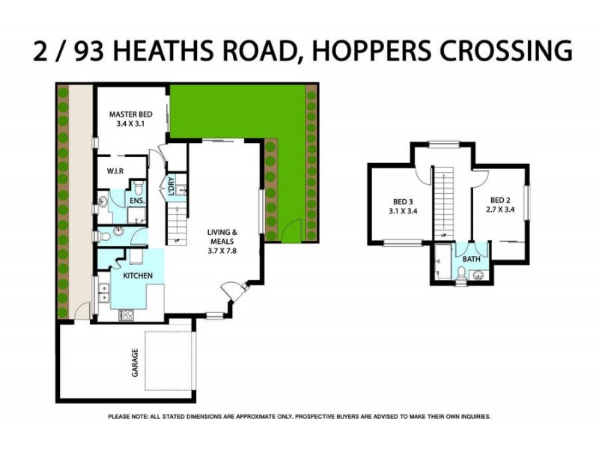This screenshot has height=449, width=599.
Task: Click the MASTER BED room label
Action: [131, 114]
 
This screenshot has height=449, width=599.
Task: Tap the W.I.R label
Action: [116, 171]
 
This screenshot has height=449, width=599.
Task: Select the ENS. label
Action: [137, 201]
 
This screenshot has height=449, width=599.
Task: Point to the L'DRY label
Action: [171, 186]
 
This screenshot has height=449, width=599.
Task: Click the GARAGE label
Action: [136, 362]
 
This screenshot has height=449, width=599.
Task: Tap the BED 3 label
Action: [403, 201]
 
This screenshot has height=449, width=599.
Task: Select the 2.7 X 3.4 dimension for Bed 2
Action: [500, 211]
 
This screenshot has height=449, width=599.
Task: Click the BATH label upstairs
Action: [471, 259]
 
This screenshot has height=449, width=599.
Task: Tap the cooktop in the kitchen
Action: [126, 314]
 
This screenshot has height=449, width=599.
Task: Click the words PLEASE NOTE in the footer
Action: [128, 416]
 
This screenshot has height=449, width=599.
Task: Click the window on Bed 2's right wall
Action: [527, 203]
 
